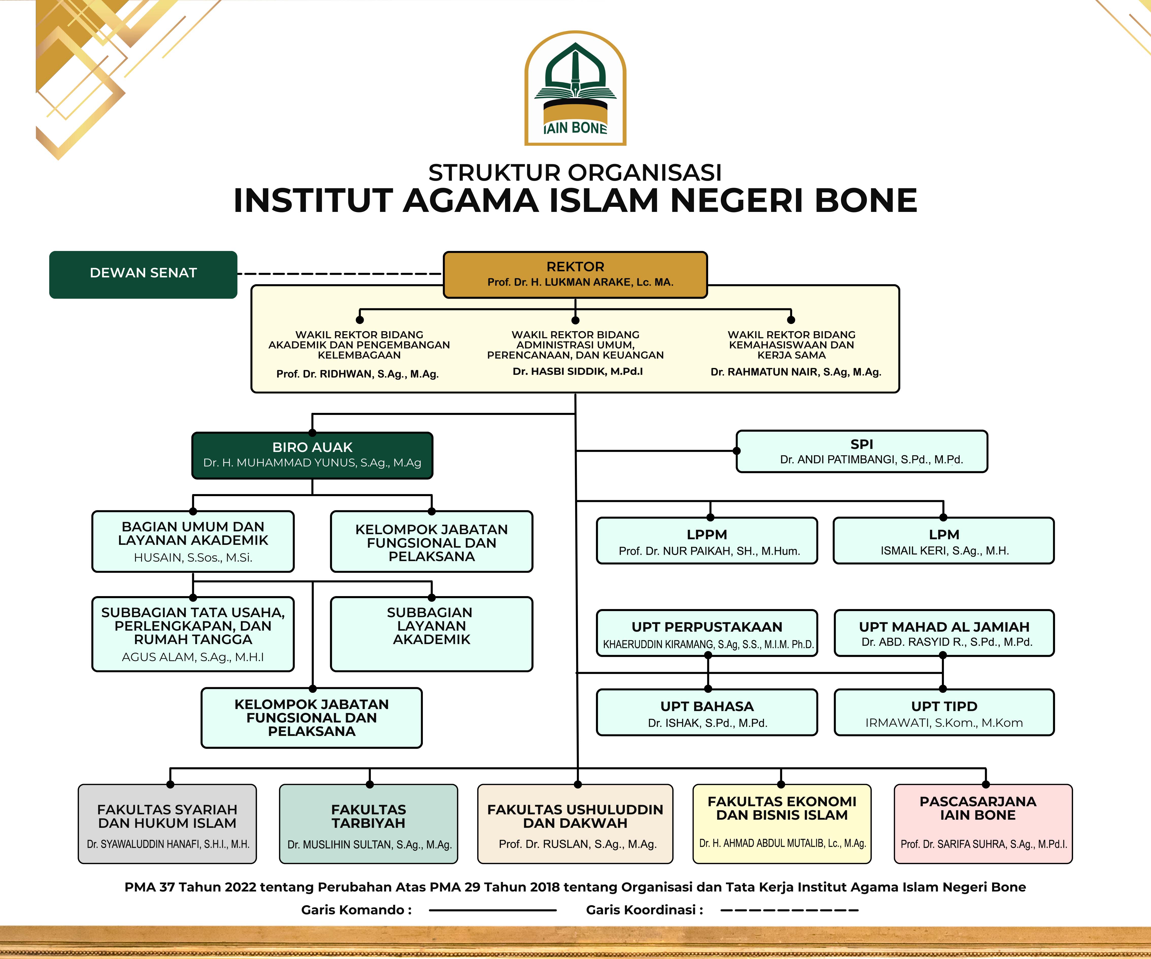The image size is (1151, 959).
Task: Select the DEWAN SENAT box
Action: pos(143,275)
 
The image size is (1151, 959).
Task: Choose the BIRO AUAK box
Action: pos(312,455)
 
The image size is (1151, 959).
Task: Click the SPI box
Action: pos(862,451)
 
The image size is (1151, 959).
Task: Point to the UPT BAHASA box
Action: pos(707,712)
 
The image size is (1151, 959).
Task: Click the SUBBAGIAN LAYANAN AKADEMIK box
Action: pos(431,634)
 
